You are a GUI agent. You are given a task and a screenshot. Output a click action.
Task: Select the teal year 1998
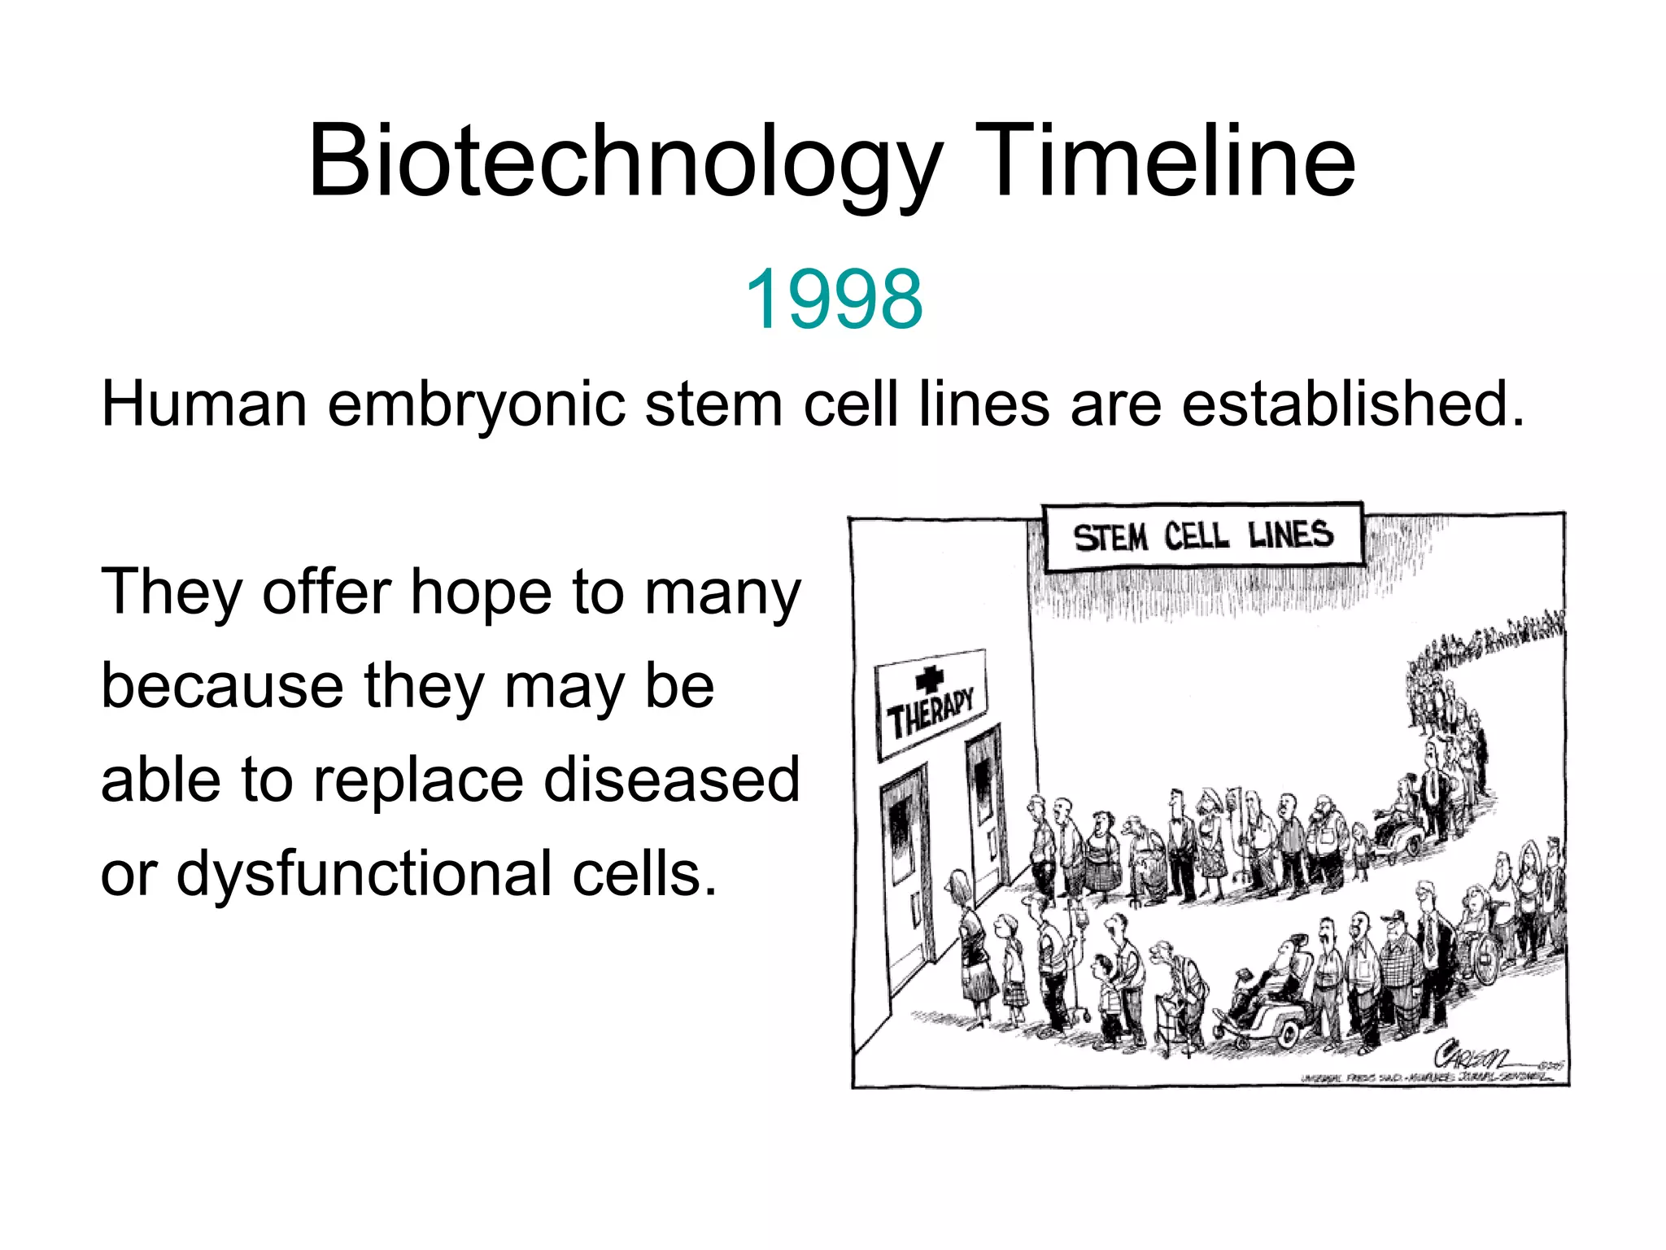(833, 299)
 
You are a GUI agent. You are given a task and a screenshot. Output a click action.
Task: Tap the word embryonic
(476, 404)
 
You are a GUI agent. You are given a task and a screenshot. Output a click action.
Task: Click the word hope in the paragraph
(481, 593)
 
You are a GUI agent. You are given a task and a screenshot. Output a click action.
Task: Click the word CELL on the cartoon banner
(1196, 536)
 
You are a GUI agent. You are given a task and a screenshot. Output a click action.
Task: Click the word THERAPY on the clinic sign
(931, 713)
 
